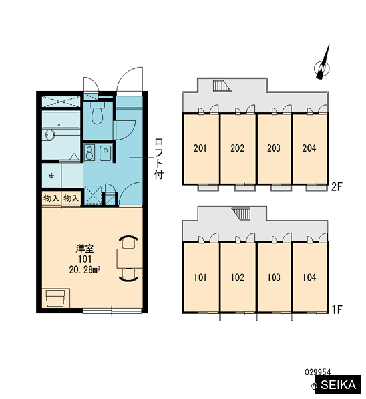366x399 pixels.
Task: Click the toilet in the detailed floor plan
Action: click(97, 113)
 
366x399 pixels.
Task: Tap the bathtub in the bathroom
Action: click(61, 120)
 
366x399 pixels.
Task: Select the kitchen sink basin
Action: click(106, 153)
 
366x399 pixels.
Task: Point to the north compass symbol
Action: click(323, 63)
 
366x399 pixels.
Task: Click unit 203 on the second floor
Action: click(274, 148)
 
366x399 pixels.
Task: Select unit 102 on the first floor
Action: click(238, 277)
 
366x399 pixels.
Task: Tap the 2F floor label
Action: click(337, 187)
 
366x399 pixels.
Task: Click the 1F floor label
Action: click(337, 309)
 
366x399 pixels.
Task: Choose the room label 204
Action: click(309, 148)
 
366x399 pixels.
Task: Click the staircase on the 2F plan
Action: click(222, 86)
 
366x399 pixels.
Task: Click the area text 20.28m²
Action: click(85, 270)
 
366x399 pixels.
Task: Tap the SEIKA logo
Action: click(339, 385)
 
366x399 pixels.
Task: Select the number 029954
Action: click(318, 372)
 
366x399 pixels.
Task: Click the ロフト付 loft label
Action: click(159, 158)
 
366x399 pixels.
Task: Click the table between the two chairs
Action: click(130, 259)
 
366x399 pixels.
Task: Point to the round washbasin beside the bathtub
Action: click(49, 134)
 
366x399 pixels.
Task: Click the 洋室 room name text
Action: click(85, 249)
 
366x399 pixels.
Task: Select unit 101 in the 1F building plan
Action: click(201, 277)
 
